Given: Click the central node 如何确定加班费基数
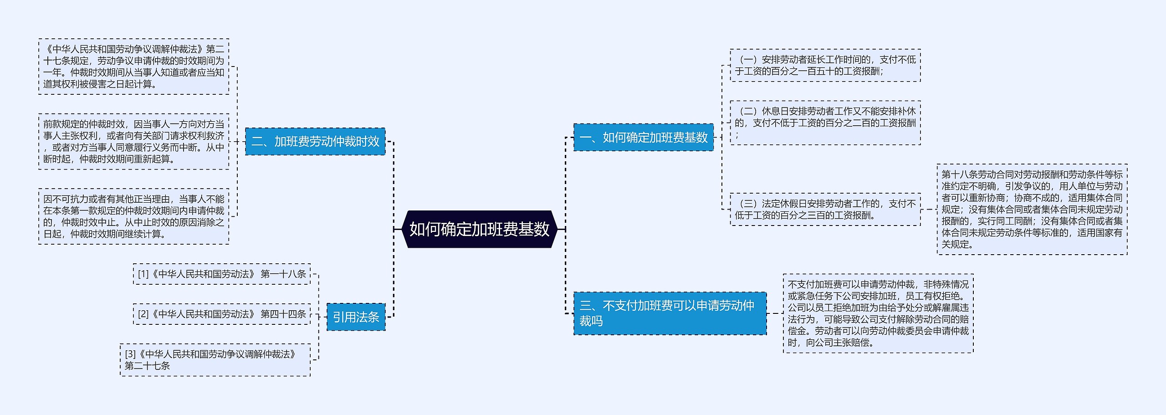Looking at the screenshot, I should pyautogui.click(x=479, y=229).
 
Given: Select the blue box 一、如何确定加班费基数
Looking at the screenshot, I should pyautogui.click(x=643, y=137).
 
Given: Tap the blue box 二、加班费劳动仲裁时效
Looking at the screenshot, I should pyautogui.click(x=315, y=142).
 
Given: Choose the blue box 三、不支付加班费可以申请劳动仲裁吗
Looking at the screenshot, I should pyautogui.click(x=670, y=313).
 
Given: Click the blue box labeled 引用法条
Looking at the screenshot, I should pyautogui.click(x=356, y=317).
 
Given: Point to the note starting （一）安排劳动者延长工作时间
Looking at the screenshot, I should pyautogui.click(x=825, y=66).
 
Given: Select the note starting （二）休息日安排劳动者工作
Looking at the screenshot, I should pyautogui.click(x=825, y=123).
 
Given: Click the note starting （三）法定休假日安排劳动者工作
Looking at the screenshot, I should pyautogui.click(x=825, y=210).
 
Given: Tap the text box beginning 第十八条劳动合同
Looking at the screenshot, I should pyautogui.click(x=1032, y=210).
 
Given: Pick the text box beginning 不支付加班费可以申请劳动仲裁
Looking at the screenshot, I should pyautogui.click(x=878, y=313).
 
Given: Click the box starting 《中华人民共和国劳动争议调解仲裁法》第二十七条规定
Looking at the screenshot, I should pyautogui.click(x=134, y=67).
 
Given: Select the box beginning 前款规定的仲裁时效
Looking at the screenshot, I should pyautogui.click(x=134, y=142).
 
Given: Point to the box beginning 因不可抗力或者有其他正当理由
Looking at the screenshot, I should pyautogui.click(x=134, y=216).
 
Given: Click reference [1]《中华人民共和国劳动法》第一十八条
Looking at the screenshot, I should pyautogui.click(x=222, y=274).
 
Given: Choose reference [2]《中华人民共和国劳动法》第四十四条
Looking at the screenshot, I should pyautogui.click(x=222, y=314).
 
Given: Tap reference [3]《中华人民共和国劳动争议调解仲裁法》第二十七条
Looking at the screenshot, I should pyautogui.click(x=215, y=360).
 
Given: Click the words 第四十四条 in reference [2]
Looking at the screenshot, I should pyautogui.click(x=283, y=314).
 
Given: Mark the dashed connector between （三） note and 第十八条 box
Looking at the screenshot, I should pyautogui.click(x=929, y=210).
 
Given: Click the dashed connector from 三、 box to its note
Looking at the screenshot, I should pyautogui.click(x=775, y=313).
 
